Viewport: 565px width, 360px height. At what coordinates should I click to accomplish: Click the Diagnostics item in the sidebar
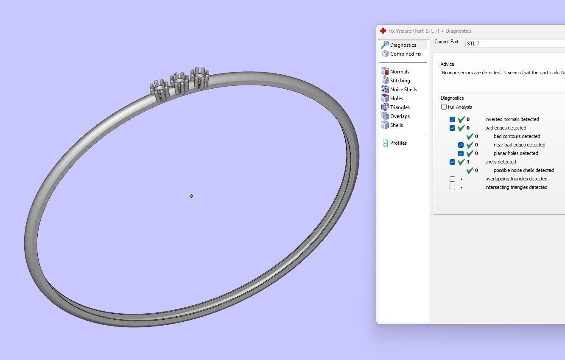pyautogui.click(x=403, y=45)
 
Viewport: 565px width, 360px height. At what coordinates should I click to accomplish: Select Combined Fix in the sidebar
pyautogui.click(x=405, y=54)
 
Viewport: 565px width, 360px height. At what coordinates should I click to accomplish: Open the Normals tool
pyautogui.click(x=399, y=72)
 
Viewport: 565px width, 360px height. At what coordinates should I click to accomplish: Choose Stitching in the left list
pyautogui.click(x=400, y=81)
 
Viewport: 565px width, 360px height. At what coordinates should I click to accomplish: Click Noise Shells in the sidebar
pyautogui.click(x=403, y=90)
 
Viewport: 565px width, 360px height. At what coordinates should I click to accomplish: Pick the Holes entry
pyautogui.click(x=396, y=98)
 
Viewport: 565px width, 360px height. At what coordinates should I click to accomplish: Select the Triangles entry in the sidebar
pyautogui.click(x=400, y=107)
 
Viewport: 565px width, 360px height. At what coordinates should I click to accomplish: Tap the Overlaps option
pyautogui.click(x=400, y=116)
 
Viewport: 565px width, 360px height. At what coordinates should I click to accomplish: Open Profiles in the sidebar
pyautogui.click(x=398, y=143)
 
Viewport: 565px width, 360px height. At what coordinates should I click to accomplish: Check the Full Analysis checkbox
pyautogui.click(x=444, y=107)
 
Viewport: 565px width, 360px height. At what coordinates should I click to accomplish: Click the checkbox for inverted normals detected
pyautogui.click(x=453, y=120)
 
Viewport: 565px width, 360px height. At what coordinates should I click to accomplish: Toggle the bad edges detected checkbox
pyautogui.click(x=453, y=128)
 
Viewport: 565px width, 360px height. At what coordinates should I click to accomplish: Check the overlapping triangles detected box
pyautogui.click(x=453, y=179)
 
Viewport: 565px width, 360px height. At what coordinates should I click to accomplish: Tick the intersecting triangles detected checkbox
pyautogui.click(x=453, y=188)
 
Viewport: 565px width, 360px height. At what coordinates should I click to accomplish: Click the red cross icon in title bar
pyautogui.click(x=383, y=31)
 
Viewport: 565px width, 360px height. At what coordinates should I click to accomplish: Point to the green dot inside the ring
pyautogui.click(x=191, y=196)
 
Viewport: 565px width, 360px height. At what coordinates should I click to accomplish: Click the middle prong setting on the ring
pyautogui.click(x=179, y=83)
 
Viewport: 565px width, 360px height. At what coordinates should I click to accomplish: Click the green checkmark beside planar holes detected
pyautogui.click(x=470, y=154)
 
